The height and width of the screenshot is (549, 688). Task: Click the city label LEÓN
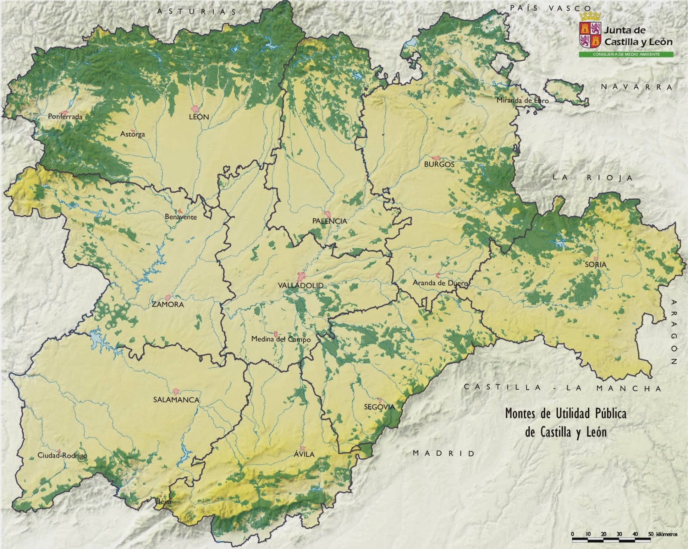click(x=199, y=117)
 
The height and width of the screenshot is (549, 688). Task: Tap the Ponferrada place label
click(x=65, y=116)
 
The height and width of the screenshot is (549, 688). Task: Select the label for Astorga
click(x=132, y=134)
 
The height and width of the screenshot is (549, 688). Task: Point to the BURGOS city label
click(x=439, y=164)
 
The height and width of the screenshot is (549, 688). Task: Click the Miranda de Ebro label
click(x=522, y=101)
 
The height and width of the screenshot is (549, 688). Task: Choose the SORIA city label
click(x=596, y=265)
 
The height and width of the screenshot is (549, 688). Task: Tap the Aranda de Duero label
click(x=440, y=283)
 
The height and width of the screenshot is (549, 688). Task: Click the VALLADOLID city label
click(x=301, y=285)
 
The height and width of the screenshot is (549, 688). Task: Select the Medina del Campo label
click(x=281, y=339)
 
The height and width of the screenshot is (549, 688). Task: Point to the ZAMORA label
click(x=168, y=305)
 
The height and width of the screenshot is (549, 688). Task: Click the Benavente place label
click(x=181, y=217)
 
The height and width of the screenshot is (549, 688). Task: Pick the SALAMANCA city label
click(x=176, y=400)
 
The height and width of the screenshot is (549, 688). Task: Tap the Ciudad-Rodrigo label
click(x=62, y=456)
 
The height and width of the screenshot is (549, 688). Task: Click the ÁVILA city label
click(x=304, y=454)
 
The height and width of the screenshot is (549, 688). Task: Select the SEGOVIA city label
click(x=379, y=407)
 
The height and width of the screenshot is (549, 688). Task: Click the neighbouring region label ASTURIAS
click(x=197, y=12)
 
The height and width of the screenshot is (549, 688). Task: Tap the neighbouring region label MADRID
click(x=444, y=453)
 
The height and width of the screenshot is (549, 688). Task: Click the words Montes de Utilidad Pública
click(x=565, y=414)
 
